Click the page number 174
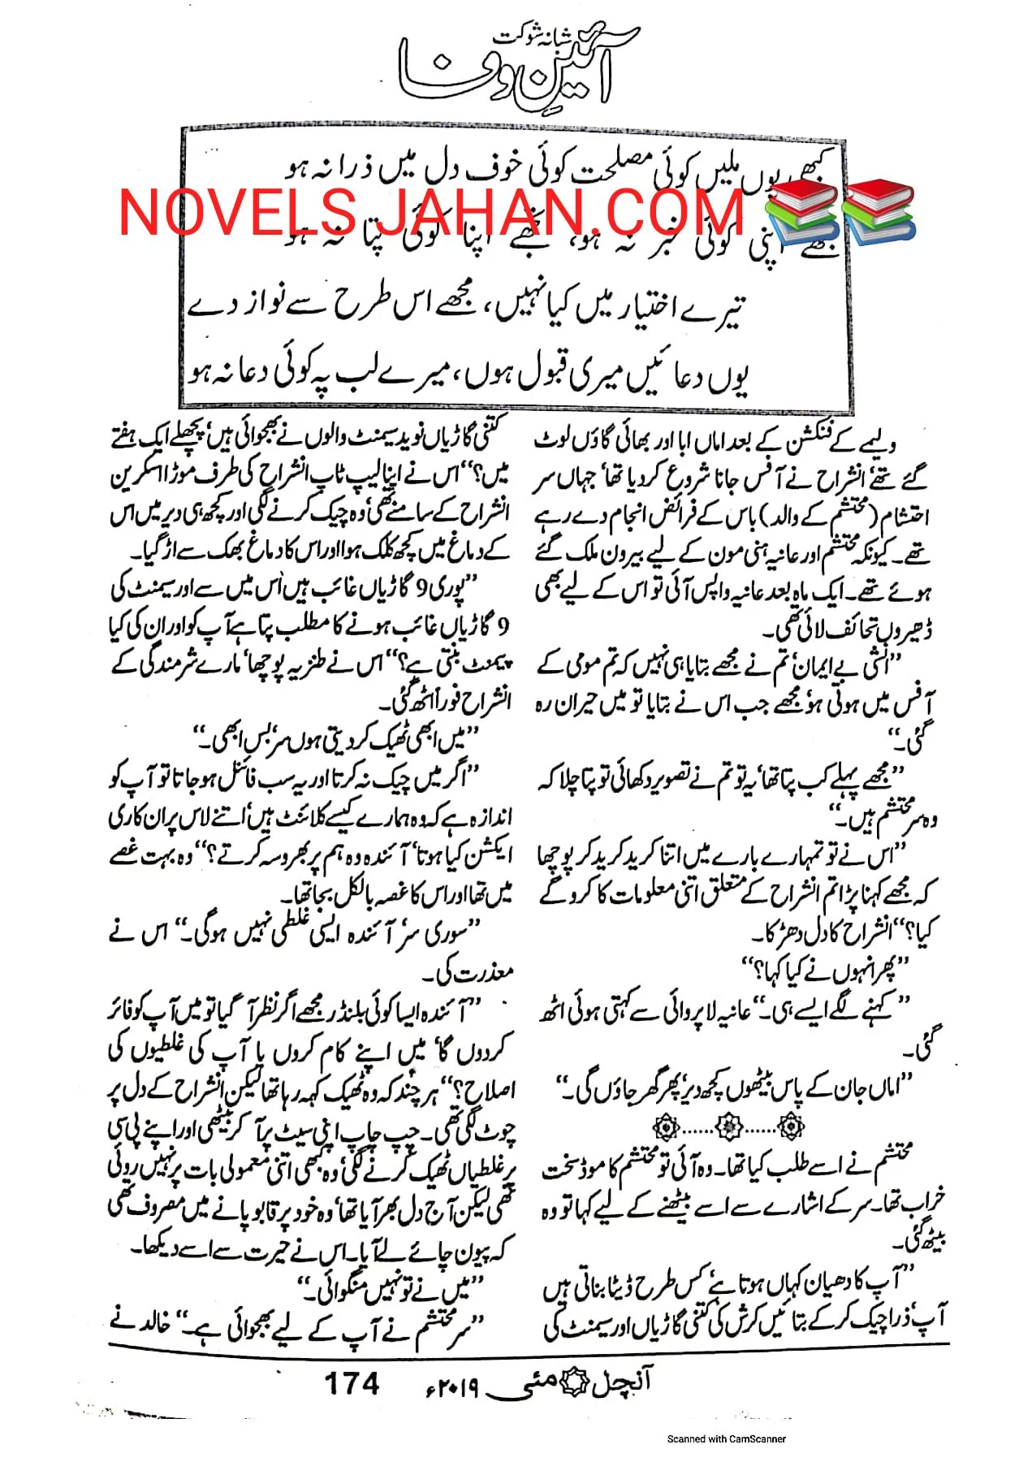352,1382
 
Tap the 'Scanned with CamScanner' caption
726,1438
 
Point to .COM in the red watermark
664,211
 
